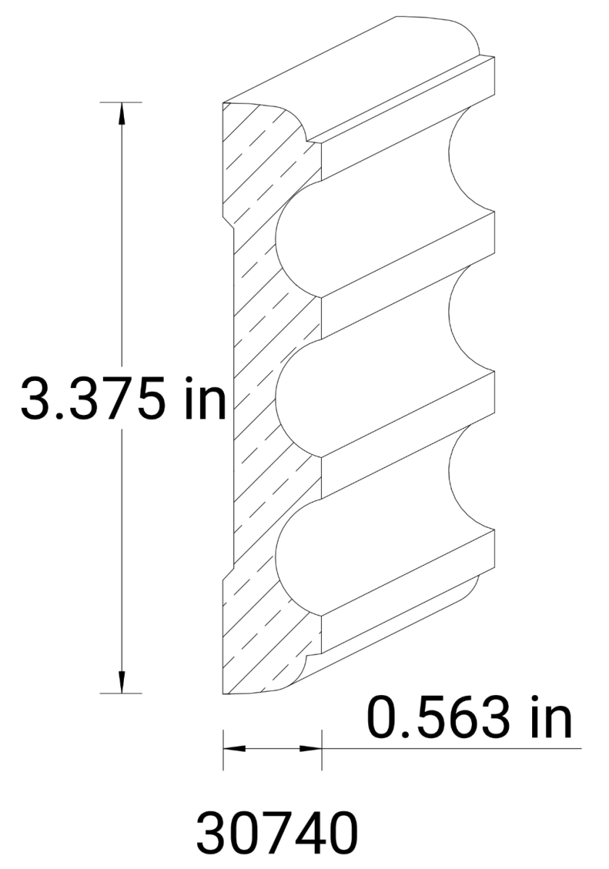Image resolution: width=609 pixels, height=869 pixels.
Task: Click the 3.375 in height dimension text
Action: point(123,400)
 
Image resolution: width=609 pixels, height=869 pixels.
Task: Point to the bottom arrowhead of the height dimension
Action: point(121,682)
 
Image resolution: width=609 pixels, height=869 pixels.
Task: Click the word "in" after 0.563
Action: point(547,718)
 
